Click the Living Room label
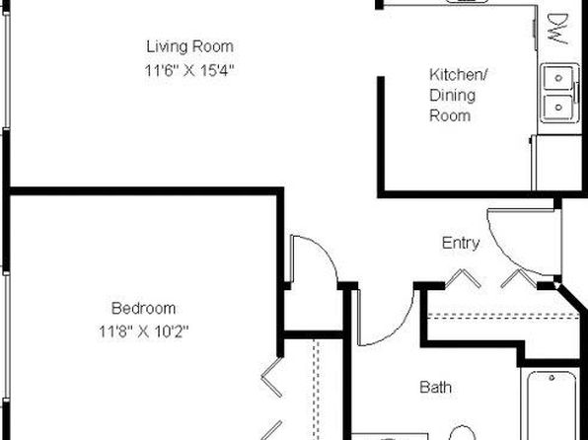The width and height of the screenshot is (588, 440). pos(189,46)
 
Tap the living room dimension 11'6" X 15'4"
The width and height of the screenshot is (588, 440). pos(189,70)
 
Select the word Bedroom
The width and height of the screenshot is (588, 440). pos(144,309)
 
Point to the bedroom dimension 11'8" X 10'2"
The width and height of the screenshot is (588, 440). pos(144,331)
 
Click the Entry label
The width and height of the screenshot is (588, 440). pos(461,244)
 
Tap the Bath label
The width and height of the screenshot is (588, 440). pos(435,387)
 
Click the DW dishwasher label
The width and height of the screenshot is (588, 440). pos(558,30)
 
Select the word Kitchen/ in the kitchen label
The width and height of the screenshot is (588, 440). pos(458,75)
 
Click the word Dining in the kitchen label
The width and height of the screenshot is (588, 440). pos(452,96)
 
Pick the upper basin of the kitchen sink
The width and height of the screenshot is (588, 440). pos(558,78)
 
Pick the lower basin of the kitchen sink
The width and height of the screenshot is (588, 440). pos(558,108)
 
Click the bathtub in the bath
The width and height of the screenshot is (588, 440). pos(552,405)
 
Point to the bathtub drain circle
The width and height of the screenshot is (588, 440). pos(551,378)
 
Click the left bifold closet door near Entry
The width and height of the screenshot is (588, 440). pos(464,278)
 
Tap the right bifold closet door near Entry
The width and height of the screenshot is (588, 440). pos(519,278)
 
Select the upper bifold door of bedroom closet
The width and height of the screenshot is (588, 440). pos(272,377)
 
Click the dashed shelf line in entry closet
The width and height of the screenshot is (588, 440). pos(503,316)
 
